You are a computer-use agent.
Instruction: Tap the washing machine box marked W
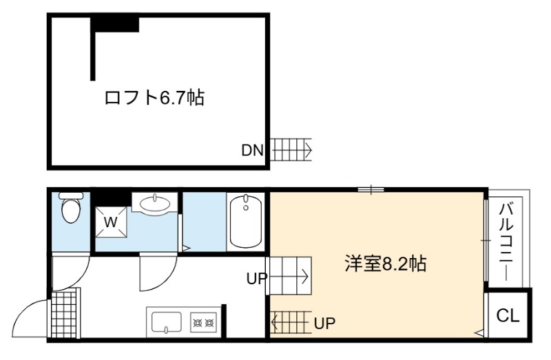(x=111, y=222)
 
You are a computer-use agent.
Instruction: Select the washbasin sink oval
(x=154, y=202)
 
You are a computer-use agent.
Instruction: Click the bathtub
(x=246, y=221)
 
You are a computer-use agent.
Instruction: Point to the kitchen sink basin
(x=167, y=322)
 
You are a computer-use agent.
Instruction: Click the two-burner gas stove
(x=204, y=322)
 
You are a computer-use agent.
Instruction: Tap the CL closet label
(x=508, y=315)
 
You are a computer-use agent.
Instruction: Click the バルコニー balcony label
(x=508, y=242)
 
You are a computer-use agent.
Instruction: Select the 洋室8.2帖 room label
(x=386, y=264)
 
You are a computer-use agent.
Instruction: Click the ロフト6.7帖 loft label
(x=154, y=97)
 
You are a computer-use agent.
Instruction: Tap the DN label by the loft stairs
(x=252, y=151)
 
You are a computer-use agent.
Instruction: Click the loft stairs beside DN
(x=291, y=149)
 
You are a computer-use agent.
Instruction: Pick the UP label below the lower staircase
(x=324, y=322)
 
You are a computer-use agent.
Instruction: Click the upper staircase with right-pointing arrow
(x=289, y=276)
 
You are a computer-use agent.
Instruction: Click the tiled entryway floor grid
(x=65, y=313)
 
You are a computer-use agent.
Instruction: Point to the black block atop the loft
(x=115, y=25)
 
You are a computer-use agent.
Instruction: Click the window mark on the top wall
(x=371, y=190)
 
